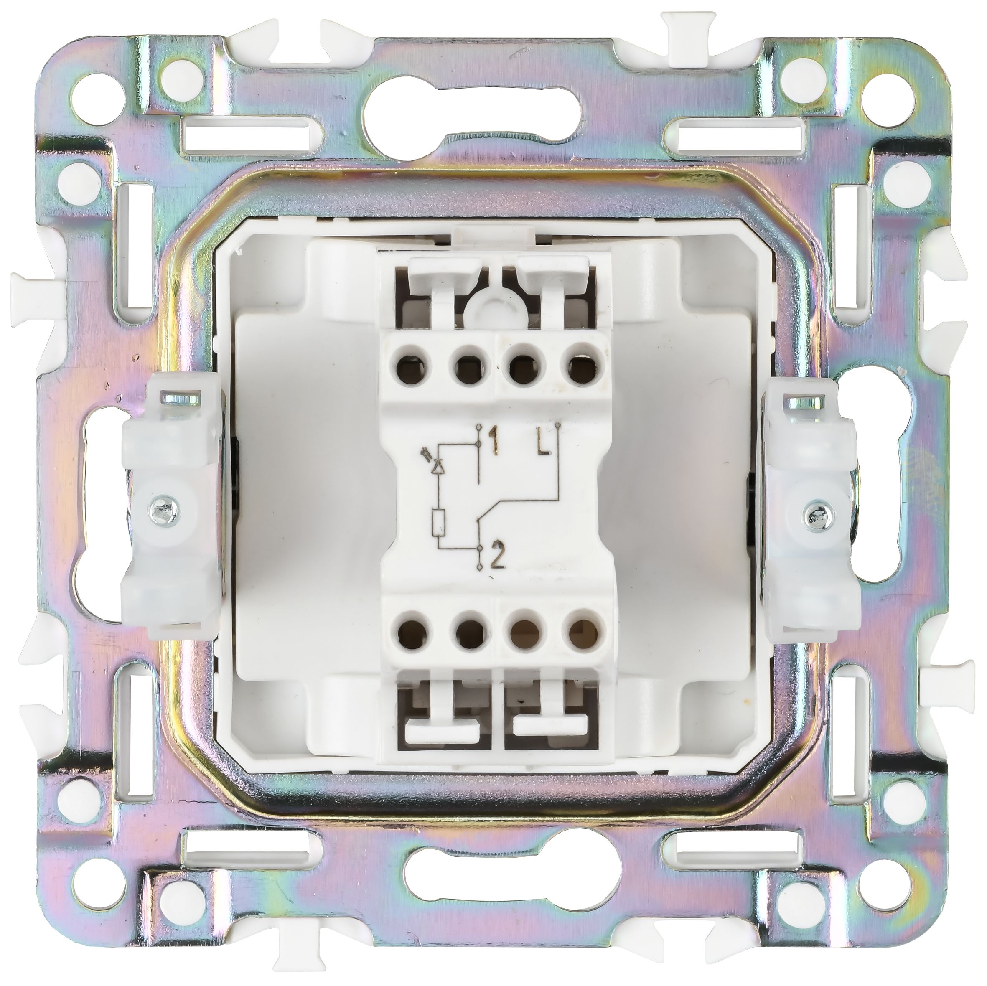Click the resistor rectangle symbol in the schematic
438,521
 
